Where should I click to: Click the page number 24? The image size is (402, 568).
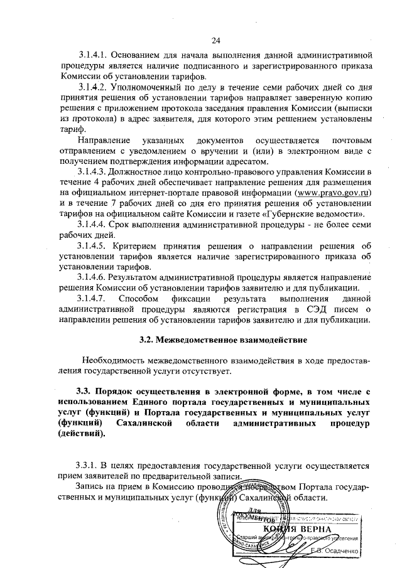pyautogui.click(x=216, y=41)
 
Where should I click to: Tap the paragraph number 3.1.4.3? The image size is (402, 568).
pyautogui.click(x=95, y=171)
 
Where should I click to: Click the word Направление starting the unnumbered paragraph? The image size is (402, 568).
pyautogui.click(x=103, y=140)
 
